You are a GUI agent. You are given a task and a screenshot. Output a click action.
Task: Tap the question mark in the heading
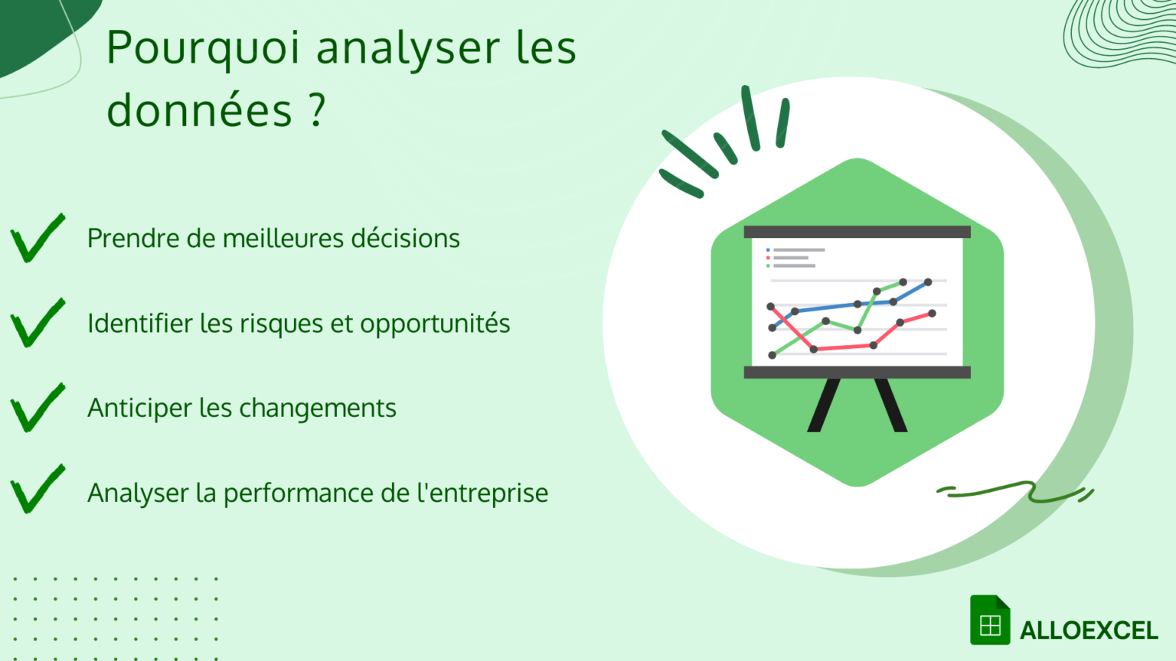pyautogui.click(x=318, y=110)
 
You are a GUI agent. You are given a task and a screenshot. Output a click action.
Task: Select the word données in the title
pyautogui.click(x=199, y=110)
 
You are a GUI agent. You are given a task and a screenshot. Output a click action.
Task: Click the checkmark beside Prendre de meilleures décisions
pyautogui.click(x=36, y=239)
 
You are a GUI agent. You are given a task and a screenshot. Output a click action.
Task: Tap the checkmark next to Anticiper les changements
pyautogui.click(x=36, y=409)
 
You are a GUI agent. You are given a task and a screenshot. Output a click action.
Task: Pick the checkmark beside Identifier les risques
pyautogui.click(x=36, y=324)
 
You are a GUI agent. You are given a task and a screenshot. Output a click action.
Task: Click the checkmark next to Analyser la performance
pyautogui.click(x=36, y=490)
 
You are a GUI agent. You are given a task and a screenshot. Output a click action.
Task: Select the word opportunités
pyautogui.click(x=435, y=324)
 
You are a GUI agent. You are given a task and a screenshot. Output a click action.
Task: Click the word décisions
pyautogui.click(x=405, y=239)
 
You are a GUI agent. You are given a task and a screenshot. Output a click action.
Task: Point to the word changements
pyautogui.click(x=333, y=409)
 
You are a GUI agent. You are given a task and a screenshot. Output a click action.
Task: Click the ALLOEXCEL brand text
pyautogui.click(x=1088, y=631)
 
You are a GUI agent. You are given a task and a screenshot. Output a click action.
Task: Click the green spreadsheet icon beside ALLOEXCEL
pyautogui.click(x=989, y=620)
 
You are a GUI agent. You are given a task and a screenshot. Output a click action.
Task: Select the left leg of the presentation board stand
pyautogui.click(x=824, y=405)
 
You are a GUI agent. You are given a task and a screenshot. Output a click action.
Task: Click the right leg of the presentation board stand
pyautogui.click(x=890, y=405)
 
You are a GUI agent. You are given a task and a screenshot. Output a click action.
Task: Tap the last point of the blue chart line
pyautogui.click(x=928, y=282)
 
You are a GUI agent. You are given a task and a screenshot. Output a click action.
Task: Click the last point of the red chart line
pyautogui.click(x=932, y=313)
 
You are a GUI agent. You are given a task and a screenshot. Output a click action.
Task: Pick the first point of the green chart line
pyautogui.click(x=772, y=355)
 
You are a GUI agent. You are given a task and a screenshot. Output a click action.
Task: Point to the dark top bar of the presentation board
pyautogui.click(x=857, y=232)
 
